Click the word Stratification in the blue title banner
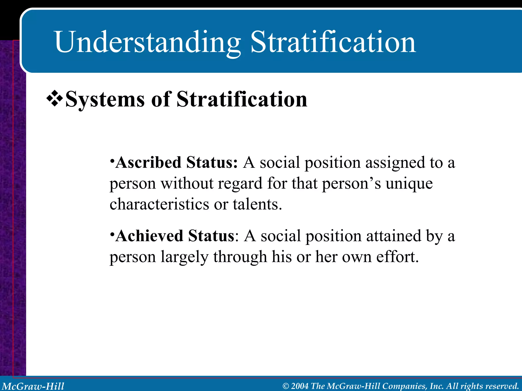coord(333,42)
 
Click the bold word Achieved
coord(149,236)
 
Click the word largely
coord(185,257)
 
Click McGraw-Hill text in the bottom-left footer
coord(33,386)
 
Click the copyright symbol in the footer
coord(286,386)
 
